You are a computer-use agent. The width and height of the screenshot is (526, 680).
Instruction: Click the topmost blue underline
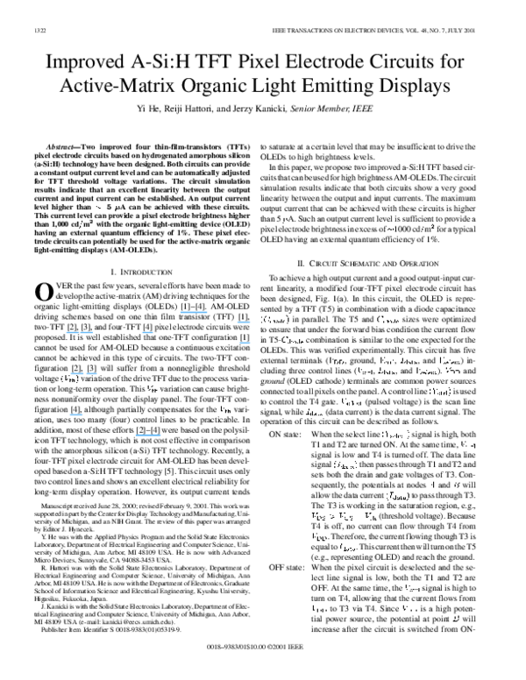(194, 312)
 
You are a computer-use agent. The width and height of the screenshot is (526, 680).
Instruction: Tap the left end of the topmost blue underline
(181, 312)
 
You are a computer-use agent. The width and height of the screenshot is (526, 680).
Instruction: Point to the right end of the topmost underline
(207, 312)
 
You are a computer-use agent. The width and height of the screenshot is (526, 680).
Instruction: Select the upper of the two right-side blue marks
(244, 322)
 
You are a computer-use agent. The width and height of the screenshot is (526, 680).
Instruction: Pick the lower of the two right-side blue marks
(245, 342)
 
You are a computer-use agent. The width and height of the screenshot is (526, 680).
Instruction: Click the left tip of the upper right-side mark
(238, 322)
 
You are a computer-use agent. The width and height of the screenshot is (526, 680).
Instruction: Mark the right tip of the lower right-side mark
(250, 342)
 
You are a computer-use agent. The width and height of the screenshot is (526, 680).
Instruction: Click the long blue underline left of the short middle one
(80, 333)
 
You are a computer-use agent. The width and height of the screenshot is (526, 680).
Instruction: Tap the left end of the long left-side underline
(67, 333)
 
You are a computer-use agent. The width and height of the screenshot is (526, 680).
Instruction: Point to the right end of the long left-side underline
(93, 333)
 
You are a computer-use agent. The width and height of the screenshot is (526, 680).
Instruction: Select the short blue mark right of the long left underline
(147, 333)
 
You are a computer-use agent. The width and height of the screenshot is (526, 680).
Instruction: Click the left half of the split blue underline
(77, 374)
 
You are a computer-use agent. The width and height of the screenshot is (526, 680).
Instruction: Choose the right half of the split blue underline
(91, 374)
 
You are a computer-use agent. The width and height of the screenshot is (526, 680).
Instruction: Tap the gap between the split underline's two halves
(85, 374)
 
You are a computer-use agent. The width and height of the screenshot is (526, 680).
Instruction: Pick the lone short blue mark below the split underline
(76, 414)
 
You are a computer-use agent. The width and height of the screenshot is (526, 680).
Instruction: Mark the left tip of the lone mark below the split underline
(70, 414)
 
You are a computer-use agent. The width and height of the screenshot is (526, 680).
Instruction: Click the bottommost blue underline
(148, 436)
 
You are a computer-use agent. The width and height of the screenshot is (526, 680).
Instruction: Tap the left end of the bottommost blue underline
(136, 436)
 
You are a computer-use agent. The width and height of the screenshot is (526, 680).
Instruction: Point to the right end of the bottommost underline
(160, 436)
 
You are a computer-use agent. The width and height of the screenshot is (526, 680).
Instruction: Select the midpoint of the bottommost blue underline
(148, 436)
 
